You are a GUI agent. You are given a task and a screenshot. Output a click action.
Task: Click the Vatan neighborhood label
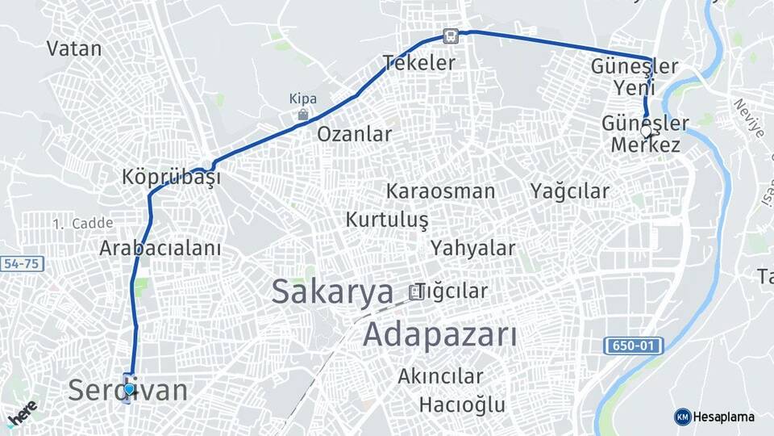(74, 48)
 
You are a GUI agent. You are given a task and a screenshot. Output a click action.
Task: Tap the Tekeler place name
(419, 62)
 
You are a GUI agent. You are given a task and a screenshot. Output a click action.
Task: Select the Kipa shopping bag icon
(302, 115)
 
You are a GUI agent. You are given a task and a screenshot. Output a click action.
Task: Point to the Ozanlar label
(354, 134)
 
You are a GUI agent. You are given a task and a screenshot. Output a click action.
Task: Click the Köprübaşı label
(171, 177)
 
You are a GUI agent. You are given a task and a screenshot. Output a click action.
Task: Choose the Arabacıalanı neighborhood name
(160, 248)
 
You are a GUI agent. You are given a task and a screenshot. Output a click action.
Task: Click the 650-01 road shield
(633, 346)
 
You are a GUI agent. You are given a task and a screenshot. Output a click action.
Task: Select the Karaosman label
(440, 191)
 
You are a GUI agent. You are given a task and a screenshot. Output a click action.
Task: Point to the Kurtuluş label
(387, 220)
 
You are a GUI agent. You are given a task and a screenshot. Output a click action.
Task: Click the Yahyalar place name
(472, 248)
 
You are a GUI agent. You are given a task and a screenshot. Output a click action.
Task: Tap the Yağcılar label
(570, 191)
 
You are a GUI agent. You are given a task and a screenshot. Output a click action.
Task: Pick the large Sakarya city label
(332, 291)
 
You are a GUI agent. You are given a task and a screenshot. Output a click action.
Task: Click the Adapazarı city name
(439, 333)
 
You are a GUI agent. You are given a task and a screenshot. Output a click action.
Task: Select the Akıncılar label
(440, 376)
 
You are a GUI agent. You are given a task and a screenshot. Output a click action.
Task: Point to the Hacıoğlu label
(462, 405)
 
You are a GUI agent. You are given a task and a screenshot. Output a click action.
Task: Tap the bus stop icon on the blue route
(449, 36)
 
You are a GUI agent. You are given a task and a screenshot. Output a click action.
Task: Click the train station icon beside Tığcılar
(416, 291)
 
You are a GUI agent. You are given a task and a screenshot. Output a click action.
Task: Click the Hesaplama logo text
(723, 417)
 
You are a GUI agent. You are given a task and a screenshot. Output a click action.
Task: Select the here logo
(22, 413)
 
